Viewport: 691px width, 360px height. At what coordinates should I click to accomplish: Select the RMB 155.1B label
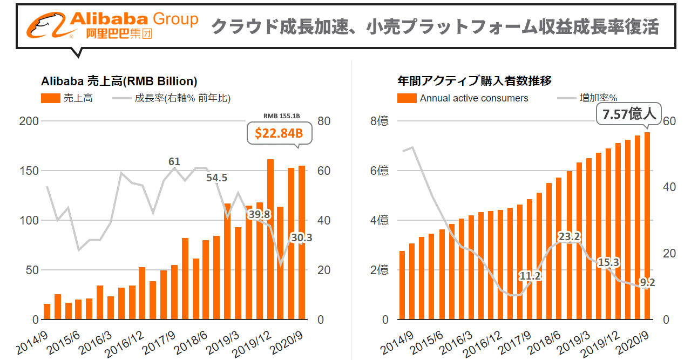coord(281,116)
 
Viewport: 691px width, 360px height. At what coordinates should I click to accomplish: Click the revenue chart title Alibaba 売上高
coord(119,81)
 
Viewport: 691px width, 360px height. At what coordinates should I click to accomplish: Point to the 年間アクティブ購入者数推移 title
coord(474,81)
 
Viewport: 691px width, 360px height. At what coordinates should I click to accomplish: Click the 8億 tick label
coord(379,121)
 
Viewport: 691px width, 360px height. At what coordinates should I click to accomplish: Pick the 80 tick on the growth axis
coord(324,121)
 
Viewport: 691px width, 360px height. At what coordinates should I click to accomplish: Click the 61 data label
coord(174,161)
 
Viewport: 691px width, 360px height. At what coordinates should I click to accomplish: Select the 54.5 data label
coord(217,178)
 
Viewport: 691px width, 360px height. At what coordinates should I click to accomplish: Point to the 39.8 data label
coord(259,214)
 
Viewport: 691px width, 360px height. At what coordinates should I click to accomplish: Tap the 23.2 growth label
coord(569,236)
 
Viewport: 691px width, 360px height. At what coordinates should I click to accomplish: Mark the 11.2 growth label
coord(530,276)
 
